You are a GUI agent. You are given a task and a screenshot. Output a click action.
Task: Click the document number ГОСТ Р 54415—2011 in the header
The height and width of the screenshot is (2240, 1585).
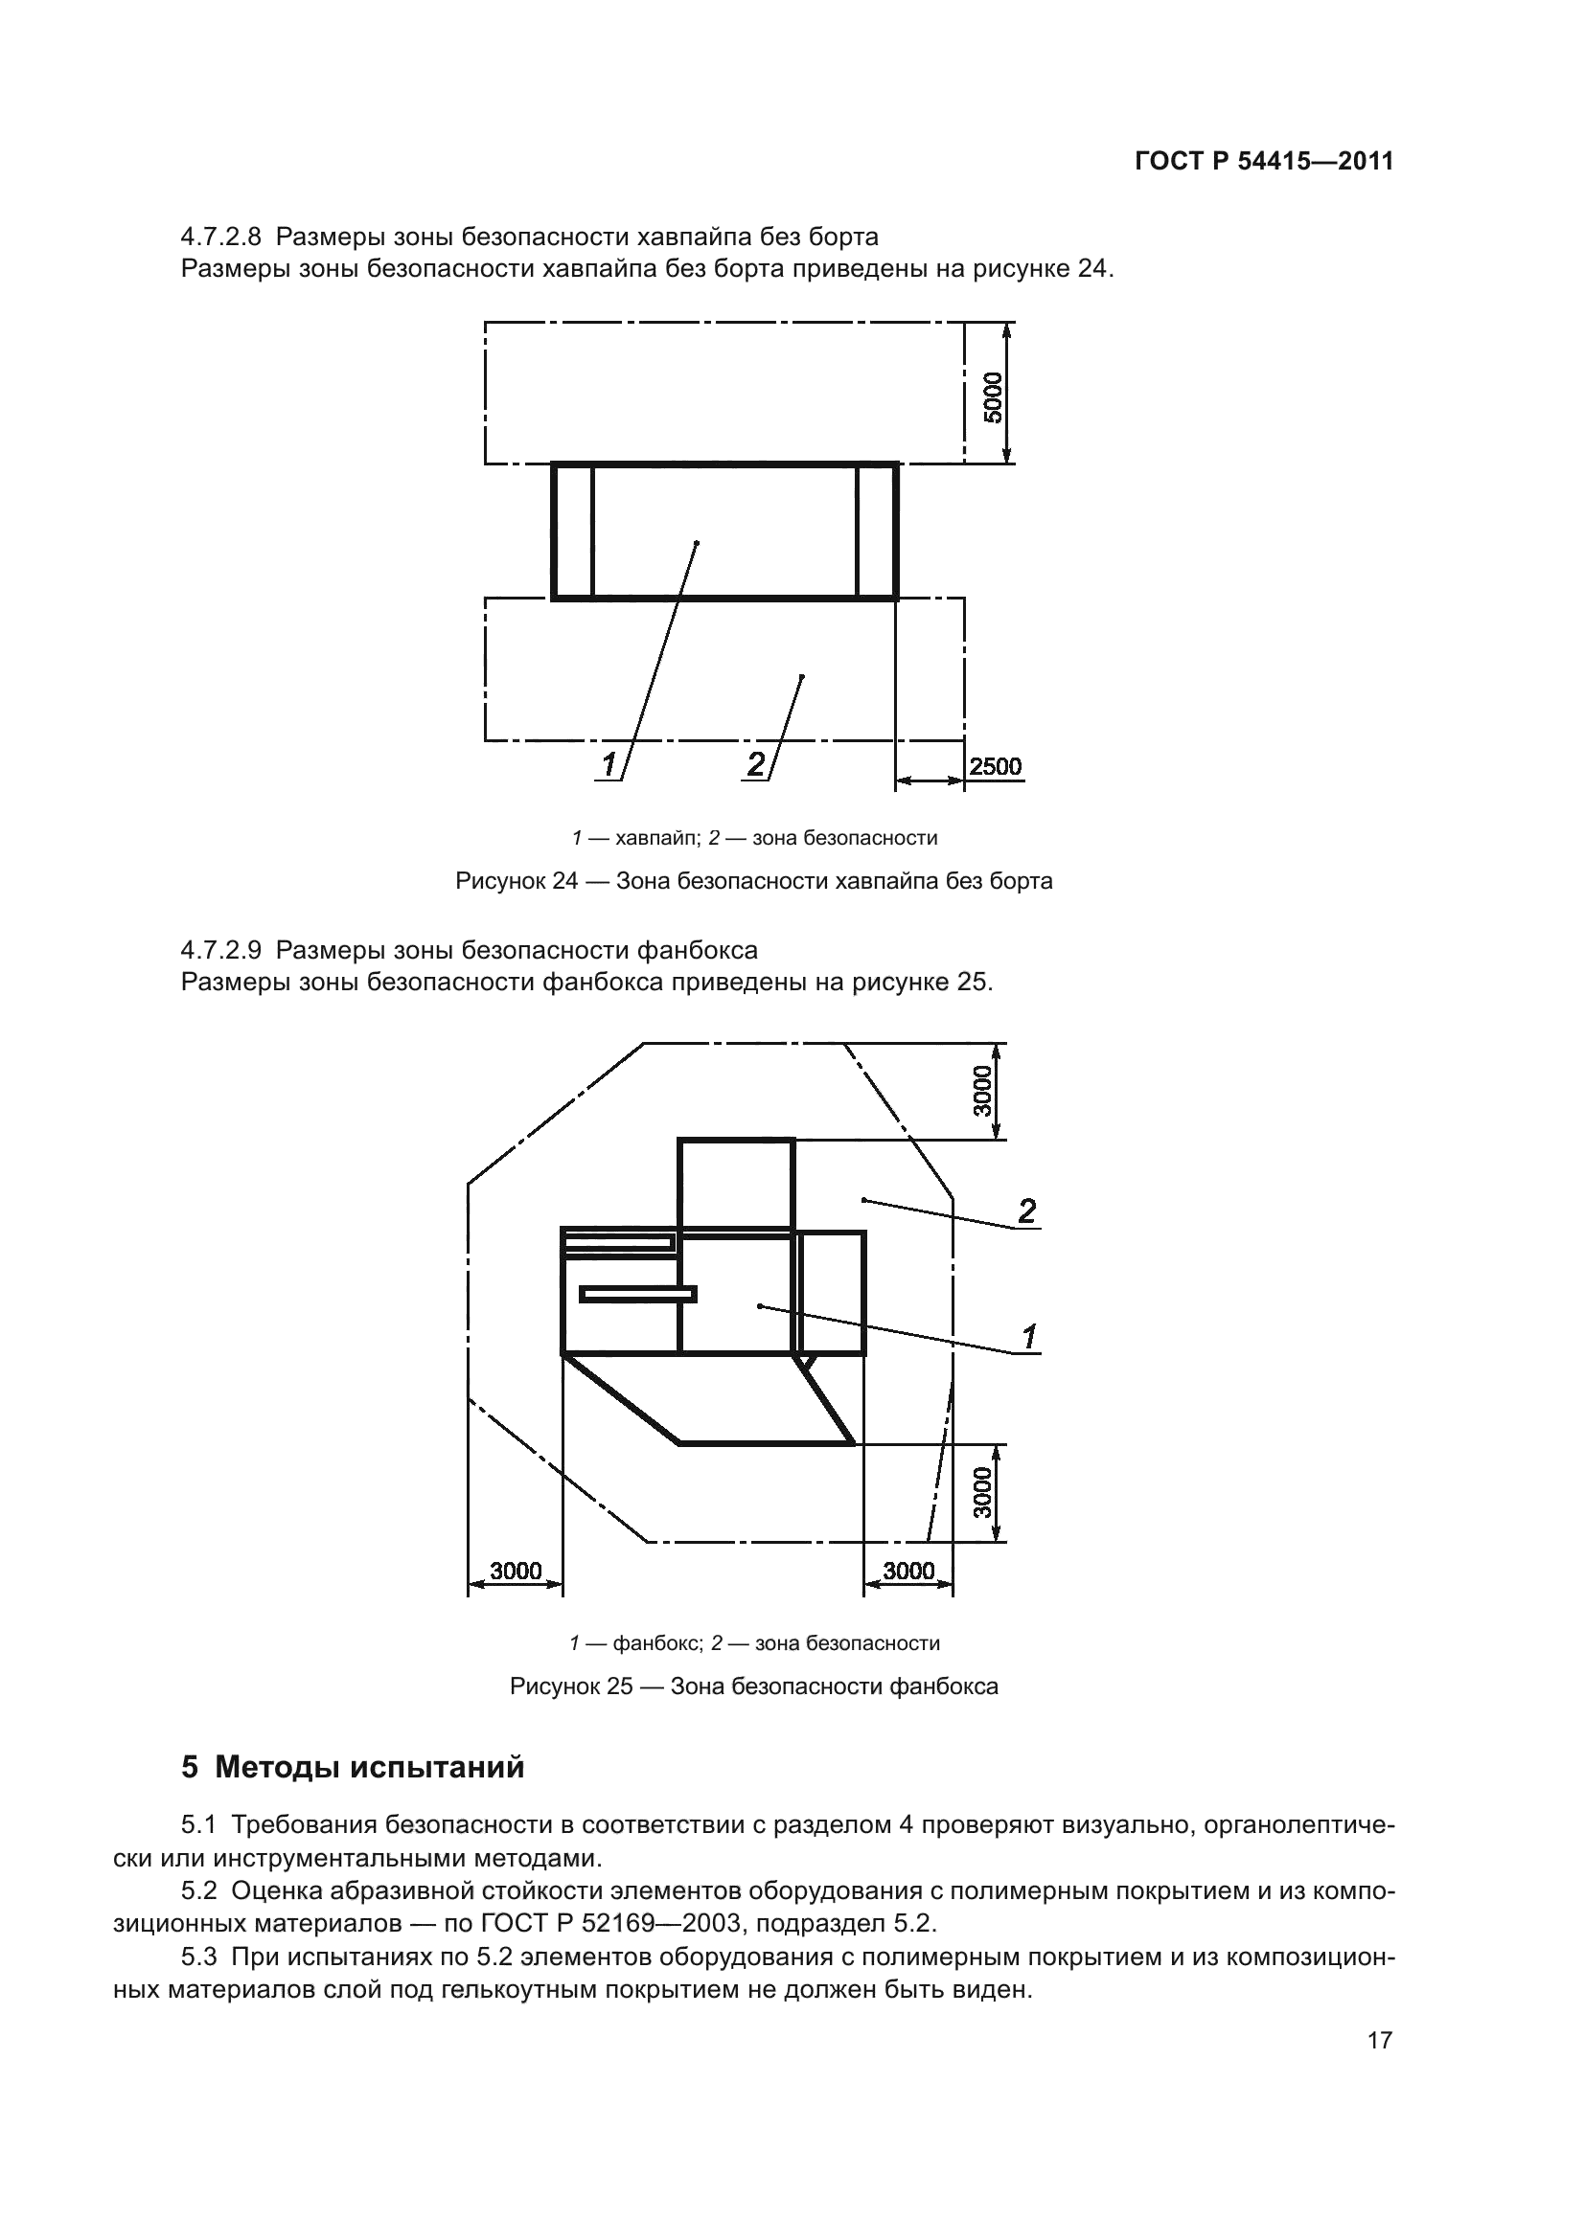[1264, 162]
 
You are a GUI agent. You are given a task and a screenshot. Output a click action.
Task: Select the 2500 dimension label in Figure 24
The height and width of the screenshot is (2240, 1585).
[996, 766]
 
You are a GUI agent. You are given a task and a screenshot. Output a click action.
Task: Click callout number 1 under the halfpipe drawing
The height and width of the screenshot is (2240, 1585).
[610, 765]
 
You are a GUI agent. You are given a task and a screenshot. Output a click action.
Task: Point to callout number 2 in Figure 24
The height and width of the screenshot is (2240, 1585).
[756, 765]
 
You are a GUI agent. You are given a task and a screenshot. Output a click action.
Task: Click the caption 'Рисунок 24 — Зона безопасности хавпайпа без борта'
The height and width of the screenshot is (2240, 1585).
[753, 881]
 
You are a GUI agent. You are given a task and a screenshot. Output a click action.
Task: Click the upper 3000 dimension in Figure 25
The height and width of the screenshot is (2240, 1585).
[983, 1091]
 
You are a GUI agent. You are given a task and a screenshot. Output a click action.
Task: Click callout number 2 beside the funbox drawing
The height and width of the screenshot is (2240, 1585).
[1026, 1211]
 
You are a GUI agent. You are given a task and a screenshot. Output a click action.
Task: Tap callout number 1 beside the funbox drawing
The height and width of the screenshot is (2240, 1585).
[1029, 1337]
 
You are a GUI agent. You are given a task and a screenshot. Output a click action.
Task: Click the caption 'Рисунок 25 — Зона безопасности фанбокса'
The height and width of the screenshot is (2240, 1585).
[753, 1686]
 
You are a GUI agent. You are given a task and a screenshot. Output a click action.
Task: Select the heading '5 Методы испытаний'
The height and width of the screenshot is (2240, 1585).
[353, 1767]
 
